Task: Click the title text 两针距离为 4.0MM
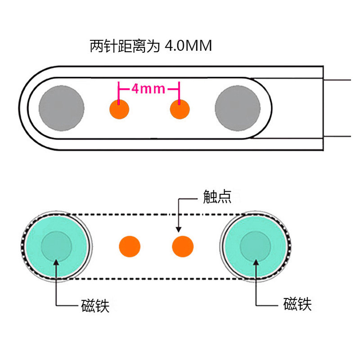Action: pos(151,46)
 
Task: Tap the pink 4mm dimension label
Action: pos(148,88)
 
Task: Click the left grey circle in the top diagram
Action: pos(61,108)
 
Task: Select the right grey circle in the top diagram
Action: pos(237,108)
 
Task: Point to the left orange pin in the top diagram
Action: pos(119,109)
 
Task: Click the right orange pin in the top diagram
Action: pos(180,109)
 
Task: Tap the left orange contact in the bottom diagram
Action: pos(130,246)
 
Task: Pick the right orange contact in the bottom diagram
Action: pos(183,246)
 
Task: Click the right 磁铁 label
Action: pos(297,304)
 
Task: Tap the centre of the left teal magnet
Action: pos(56,246)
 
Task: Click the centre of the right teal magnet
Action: pos(256,246)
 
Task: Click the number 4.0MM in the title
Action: pos(188,46)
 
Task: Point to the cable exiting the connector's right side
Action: pos(337,108)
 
